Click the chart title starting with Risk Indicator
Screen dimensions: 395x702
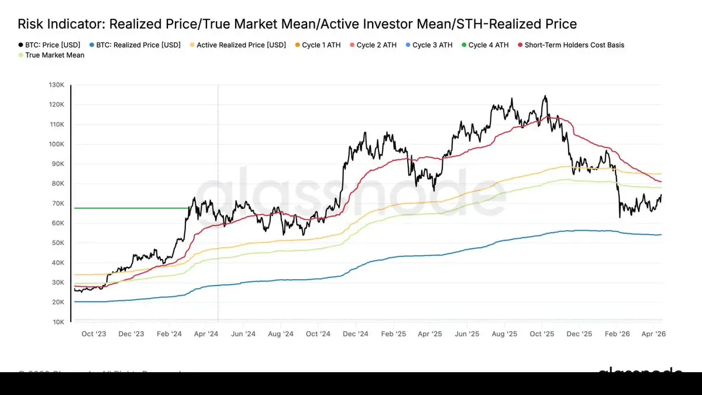point(297,24)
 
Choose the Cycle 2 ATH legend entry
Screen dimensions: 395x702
point(375,45)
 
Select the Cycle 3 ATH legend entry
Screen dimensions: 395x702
point(431,45)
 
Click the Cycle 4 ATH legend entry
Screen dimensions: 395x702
point(487,45)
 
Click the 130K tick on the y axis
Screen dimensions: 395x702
point(56,85)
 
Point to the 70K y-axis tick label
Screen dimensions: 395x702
point(57,204)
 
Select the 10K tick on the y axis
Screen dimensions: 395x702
point(57,322)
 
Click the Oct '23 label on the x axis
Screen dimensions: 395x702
point(94,334)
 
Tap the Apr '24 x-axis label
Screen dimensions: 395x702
point(205,334)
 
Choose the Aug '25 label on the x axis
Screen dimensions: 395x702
point(504,334)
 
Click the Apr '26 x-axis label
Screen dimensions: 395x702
point(653,334)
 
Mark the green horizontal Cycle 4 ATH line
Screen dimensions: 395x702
point(129,208)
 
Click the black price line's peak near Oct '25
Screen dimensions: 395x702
point(545,96)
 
